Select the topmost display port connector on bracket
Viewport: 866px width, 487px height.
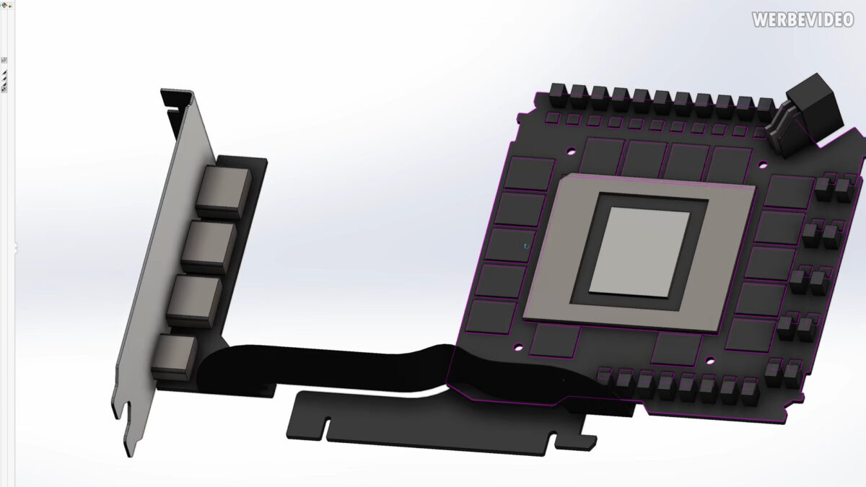tap(224, 190)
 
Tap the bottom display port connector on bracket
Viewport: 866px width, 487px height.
tap(174, 356)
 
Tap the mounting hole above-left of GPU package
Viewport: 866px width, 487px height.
tap(571, 152)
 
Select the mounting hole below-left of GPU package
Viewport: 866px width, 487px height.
tap(517, 347)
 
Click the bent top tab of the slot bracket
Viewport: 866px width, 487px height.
tap(176, 97)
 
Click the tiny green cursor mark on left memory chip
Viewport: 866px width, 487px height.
tap(526, 246)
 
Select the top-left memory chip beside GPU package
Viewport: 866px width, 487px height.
tap(528, 174)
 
